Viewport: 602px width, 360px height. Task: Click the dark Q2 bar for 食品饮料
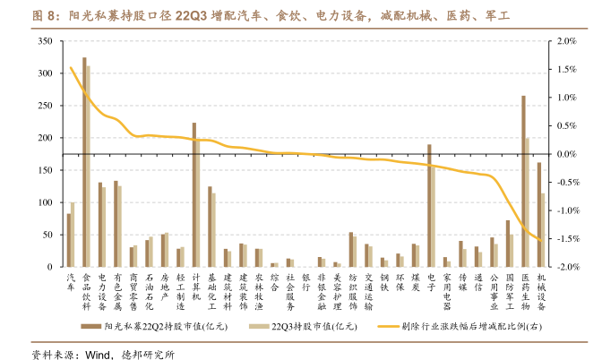tap(84, 162)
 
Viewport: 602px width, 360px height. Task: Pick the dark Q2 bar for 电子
tap(429, 206)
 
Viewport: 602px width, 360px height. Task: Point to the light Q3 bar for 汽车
tap(73, 235)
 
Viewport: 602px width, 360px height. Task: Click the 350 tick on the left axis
tap(44, 41)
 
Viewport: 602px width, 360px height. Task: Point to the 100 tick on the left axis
tap(44, 203)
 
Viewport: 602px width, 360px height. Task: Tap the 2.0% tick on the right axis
tap(567, 41)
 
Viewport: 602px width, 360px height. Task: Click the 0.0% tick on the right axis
tap(567, 155)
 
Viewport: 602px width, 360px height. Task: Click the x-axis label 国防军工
tap(510, 292)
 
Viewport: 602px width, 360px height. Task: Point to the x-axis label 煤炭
tap(415, 283)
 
